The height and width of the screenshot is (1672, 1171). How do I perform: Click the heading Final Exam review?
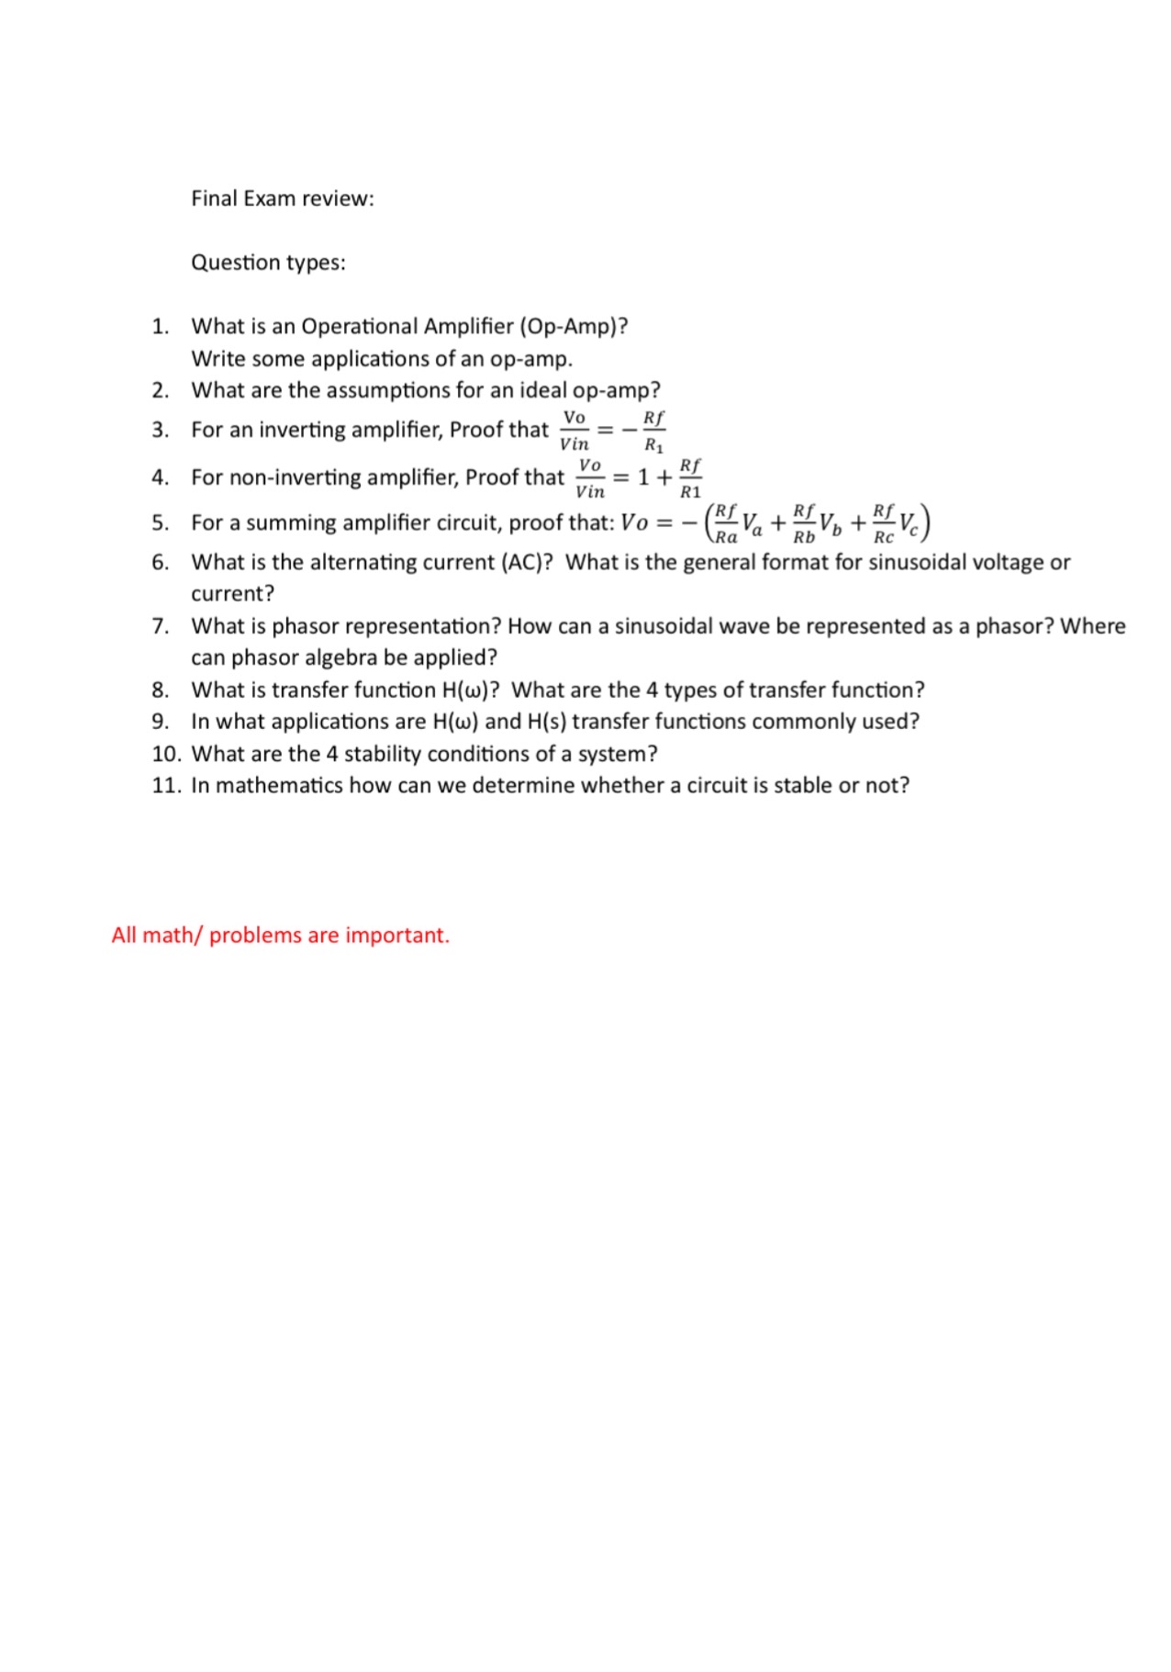point(283,198)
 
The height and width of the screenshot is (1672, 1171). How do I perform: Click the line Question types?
point(268,263)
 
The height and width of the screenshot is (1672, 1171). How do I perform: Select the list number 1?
point(161,326)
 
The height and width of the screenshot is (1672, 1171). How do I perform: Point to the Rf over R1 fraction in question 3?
point(653,431)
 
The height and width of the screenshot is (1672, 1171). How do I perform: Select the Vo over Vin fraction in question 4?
point(590,477)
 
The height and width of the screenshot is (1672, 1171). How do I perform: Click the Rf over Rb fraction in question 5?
point(804,523)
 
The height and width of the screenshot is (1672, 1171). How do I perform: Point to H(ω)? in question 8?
point(470,690)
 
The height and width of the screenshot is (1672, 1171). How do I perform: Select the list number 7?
point(161,626)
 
